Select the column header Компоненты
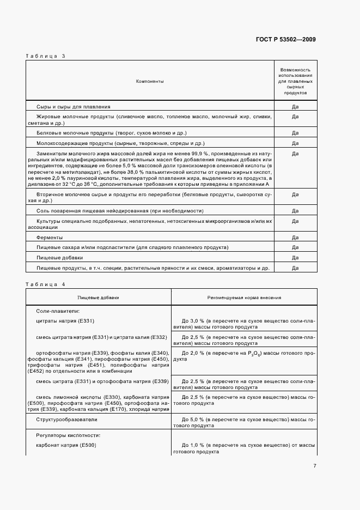point(150,81)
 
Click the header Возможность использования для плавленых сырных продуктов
point(295,81)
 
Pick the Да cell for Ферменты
point(295,238)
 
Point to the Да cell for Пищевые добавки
point(295,257)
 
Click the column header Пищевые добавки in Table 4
point(98,298)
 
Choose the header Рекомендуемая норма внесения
point(244,298)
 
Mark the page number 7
point(315,466)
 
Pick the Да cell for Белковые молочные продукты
point(295,133)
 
